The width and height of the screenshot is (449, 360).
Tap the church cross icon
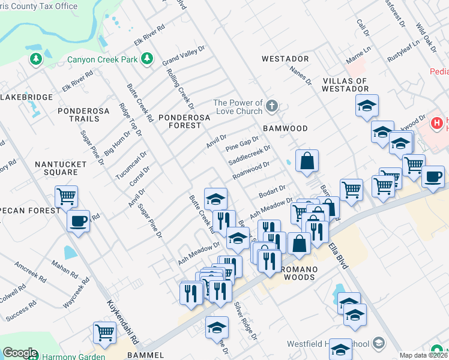point(271,107)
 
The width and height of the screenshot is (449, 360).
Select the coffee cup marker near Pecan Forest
point(78,221)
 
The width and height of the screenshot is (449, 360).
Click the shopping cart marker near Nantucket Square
point(66,196)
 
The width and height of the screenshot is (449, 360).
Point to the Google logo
point(20,353)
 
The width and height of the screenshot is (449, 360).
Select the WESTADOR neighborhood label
point(285,59)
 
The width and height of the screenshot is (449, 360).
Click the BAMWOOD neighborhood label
point(285,128)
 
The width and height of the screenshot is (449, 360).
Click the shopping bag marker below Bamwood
point(307,161)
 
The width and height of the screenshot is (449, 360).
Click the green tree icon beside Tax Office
point(36,59)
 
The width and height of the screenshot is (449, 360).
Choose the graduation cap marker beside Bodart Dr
point(216,198)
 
